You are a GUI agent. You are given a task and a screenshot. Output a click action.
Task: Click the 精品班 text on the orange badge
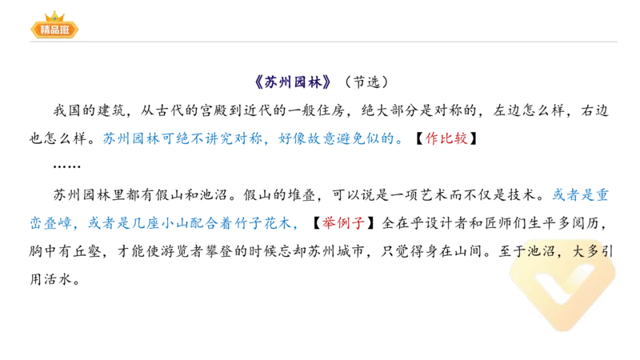point(54,30)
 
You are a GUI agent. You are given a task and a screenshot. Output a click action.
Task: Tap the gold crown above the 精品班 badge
point(54,15)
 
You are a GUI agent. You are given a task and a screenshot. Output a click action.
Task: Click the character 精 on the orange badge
point(43,30)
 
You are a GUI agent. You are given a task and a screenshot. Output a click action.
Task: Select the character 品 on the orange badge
point(54,30)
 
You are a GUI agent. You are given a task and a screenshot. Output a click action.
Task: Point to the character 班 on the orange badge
point(66,30)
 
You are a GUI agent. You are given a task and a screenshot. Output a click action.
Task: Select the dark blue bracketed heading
point(293,81)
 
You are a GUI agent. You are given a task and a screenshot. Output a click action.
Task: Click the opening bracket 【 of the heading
point(259,81)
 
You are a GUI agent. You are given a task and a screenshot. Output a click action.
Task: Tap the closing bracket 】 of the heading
point(327,81)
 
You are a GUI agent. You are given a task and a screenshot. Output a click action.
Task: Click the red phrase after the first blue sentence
point(446,138)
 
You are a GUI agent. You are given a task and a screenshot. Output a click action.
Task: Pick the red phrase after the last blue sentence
point(342,222)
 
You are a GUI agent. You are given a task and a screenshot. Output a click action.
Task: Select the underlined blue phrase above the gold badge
point(583,194)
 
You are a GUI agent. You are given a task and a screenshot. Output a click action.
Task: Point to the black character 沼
point(552,250)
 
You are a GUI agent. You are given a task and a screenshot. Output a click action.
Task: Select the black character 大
point(582,250)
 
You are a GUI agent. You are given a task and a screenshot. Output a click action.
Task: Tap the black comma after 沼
point(566,254)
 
